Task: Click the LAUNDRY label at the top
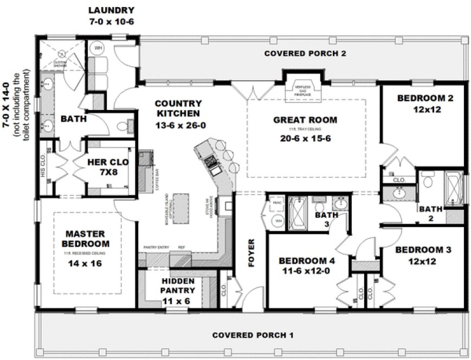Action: tap(112, 10)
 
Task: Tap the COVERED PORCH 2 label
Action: tap(305, 53)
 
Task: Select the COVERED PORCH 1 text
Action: tap(253, 335)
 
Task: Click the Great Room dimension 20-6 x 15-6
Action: tap(305, 138)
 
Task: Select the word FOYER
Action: tap(251, 252)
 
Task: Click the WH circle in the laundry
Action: tap(99, 48)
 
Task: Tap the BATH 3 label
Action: tap(326, 219)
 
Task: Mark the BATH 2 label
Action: tap(430, 213)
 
